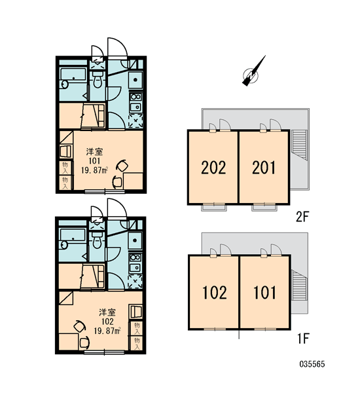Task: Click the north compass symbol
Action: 251,75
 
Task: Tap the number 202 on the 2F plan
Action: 213,168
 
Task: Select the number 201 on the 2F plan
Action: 264,168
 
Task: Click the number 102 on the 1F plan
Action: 215,293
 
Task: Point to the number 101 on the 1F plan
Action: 265,293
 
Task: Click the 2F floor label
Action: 301,217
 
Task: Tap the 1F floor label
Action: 303,338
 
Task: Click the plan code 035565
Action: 312,364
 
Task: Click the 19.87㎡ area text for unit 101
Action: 94,170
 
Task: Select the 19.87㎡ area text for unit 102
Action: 107,331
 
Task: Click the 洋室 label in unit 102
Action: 107,312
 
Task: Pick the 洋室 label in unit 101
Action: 94,152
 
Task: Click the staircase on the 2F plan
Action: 299,145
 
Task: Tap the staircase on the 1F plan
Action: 300,285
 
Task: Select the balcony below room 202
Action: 213,207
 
